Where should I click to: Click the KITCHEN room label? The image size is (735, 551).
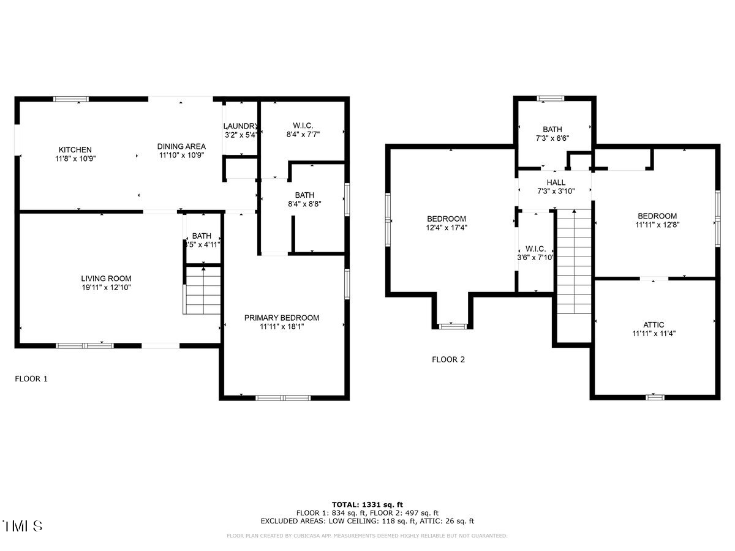point(75,149)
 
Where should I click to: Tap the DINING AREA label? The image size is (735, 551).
point(181,146)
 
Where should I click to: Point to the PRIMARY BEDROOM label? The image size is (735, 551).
point(282,318)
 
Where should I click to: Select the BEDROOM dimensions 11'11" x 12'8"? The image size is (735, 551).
point(657,225)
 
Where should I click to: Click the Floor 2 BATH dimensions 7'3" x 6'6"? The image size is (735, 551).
point(552,138)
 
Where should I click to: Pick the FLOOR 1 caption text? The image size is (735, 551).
point(31,379)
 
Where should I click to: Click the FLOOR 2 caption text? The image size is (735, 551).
point(448,359)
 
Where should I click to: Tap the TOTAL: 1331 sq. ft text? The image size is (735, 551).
point(367,504)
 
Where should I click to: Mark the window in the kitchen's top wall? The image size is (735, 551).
point(70,99)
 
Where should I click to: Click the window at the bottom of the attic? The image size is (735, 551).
point(655,397)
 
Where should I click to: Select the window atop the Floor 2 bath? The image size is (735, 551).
point(549,98)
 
